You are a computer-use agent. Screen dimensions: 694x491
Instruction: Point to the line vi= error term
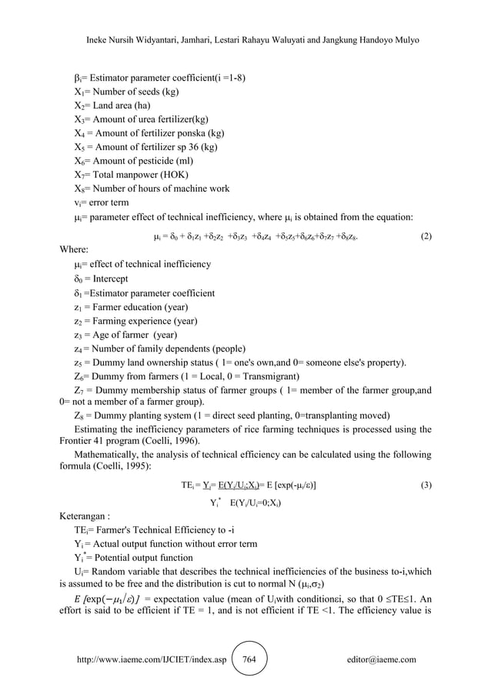(x=105, y=202)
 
